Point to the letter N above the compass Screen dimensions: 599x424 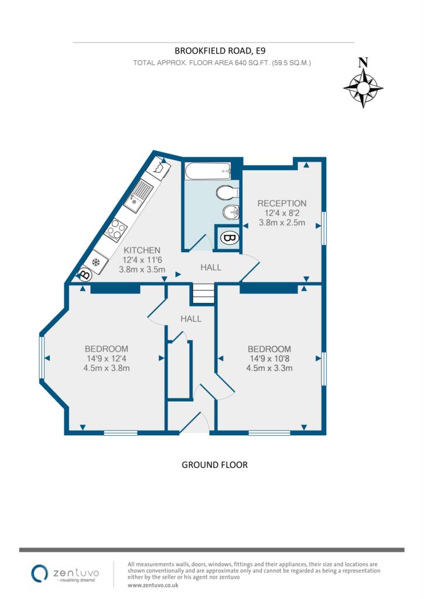[363, 62]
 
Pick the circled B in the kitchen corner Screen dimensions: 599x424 [84, 274]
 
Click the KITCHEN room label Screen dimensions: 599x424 [142, 250]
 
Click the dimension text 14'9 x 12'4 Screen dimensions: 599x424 [107, 359]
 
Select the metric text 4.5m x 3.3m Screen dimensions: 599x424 [269, 369]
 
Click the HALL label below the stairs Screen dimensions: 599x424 [191, 319]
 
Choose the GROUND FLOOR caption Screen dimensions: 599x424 [214, 465]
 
